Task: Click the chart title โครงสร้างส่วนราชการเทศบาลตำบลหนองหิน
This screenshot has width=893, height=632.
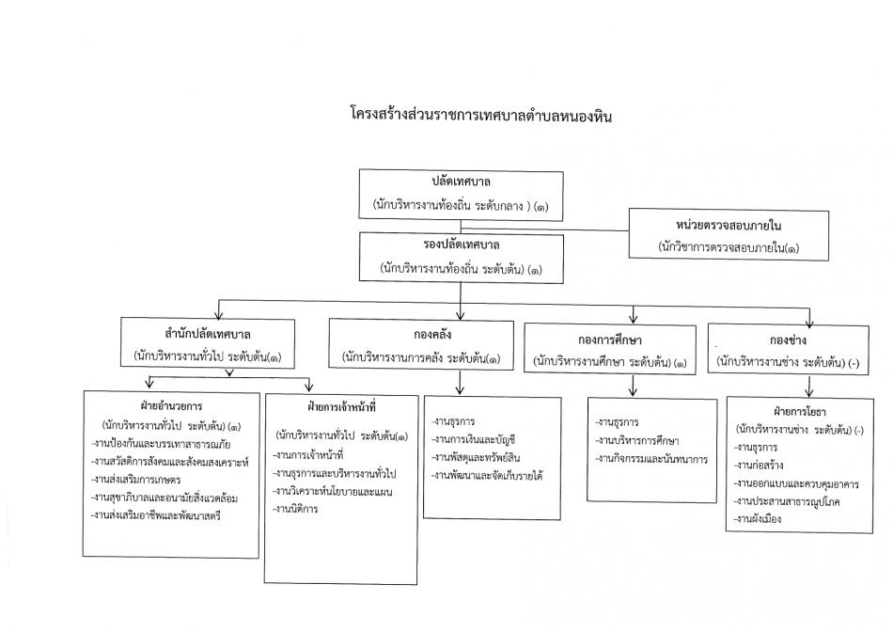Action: click(x=481, y=116)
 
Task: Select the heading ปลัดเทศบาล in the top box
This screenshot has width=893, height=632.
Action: click(x=461, y=182)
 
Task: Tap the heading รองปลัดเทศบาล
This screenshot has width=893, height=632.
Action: click(x=462, y=245)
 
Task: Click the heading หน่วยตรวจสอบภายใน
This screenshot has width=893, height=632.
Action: click(x=728, y=226)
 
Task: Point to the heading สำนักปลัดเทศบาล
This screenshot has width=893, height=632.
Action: click(x=208, y=334)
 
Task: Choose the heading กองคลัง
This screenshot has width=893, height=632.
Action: click(x=432, y=335)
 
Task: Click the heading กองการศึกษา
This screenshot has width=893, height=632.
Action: click(x=610, y=340)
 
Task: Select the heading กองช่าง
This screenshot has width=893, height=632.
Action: click(x=789, y=340)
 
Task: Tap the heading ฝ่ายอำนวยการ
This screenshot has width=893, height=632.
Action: click(x=171, y=406)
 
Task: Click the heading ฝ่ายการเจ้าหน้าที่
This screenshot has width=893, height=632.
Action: click(x=342, y=407)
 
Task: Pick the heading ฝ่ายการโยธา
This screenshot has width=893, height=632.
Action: click(x=800, y=411)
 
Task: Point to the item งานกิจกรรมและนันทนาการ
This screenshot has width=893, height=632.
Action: click(x=651, y=459)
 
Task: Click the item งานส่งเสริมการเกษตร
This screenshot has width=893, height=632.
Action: click(x=136, y=480)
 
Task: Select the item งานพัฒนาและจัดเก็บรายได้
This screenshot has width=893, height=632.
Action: click(x=487, y=475)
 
